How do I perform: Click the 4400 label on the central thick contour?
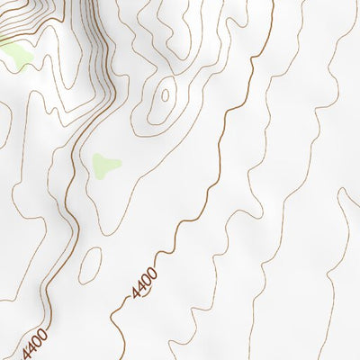[144, 283]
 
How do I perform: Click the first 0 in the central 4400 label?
[147, 279]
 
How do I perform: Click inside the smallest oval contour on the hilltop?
[166, 92]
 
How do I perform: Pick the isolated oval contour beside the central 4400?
[90, 265]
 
